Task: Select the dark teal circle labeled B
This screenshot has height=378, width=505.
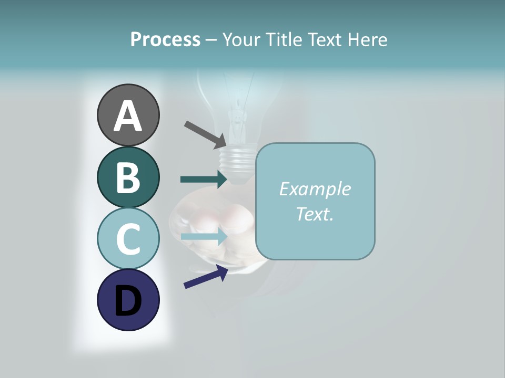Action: click(x=128, y=177)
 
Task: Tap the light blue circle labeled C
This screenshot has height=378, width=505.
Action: click(x=128, y=239)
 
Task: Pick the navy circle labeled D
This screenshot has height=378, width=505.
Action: click(x=128, y=300)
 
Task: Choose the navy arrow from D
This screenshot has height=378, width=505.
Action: click(x=206, y=277)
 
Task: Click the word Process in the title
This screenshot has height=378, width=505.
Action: click(x=165, y=39)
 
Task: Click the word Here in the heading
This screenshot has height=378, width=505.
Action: click(x=368, y=39)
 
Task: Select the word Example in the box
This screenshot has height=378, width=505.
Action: click(x=315, y=189)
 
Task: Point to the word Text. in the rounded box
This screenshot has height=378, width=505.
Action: click(x=315, y=214)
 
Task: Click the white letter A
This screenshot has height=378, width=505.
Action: click(x=128, y=117)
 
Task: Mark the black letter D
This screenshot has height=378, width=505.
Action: click(x=128, y=301)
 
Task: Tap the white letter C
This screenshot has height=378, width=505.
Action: click(x=128, y=239)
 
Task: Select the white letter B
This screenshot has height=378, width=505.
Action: click(x=128, y=178)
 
